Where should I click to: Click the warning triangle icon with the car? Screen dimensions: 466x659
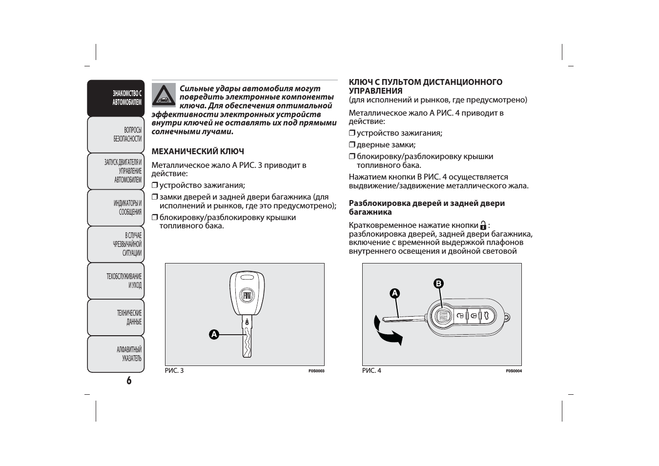pos(164,95)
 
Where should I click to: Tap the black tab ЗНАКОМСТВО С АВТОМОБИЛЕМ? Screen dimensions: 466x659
pos(116,98)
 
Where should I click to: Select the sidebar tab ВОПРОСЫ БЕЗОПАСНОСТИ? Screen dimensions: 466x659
pos(116,135)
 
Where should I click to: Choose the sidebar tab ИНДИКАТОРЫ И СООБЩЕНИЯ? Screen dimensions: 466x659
pos(116,207)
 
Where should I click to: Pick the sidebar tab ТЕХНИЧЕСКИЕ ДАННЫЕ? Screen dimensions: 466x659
pos(116,317)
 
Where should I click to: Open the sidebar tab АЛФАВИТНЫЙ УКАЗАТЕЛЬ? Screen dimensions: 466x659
pos(116,354)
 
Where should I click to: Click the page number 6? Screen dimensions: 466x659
pos(129,381)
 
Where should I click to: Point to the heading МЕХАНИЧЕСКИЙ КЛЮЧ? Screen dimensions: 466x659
pos(198,151)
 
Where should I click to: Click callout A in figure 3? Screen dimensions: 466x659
pos(214,334)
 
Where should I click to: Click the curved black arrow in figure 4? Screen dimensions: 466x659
pos(387,331)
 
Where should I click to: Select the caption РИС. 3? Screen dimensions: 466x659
pos(174,371)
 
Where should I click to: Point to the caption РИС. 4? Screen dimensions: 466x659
pos(371,371)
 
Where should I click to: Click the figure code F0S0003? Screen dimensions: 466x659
pos(316,371)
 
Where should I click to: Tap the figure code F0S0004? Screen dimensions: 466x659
pos(514,371)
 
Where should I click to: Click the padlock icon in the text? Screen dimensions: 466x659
pos(483,225)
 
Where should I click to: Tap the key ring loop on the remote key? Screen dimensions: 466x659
pos(508,317)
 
